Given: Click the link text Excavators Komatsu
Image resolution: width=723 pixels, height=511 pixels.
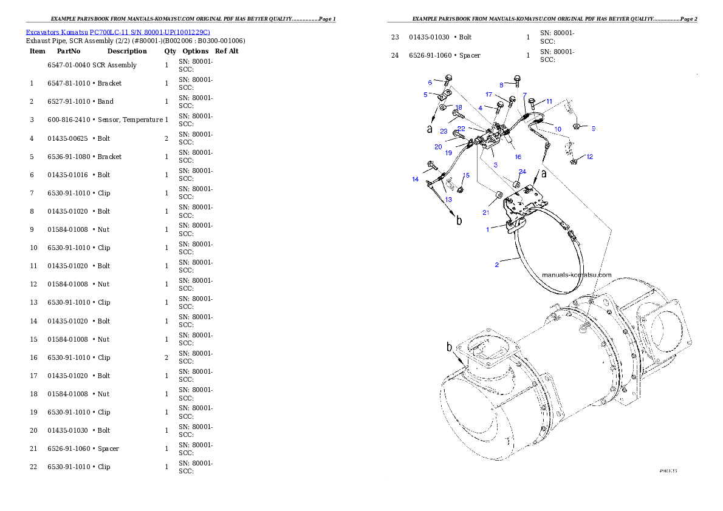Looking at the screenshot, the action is pyautogui.click(x=57, y=32).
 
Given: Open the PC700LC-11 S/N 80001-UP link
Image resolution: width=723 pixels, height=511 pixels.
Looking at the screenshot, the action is pyautogui.click(x=150, y=32).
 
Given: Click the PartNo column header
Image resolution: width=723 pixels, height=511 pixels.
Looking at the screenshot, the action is pyautogui.click(x=69, y=51).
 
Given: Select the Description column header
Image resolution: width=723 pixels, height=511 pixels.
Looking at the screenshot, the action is pyautogui.click(x=127, y=51).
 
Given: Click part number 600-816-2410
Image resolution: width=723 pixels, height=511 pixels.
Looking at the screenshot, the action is pyautogui.click(x=69, y=120).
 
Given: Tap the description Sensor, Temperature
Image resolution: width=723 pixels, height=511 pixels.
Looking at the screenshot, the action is pyautogui.click(x=131, y=120).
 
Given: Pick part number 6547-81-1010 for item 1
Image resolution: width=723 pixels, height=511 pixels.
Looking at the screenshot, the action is pyautogui.click(x=69, y=83).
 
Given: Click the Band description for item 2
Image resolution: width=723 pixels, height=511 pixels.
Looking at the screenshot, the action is pyautogui.click(x=106, y=101).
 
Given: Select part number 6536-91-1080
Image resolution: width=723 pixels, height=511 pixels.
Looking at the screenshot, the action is pyautogui.click(x=69, y=157).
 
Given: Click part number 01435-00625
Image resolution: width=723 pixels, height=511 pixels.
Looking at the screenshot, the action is pyautogui.click(x=69, y=138).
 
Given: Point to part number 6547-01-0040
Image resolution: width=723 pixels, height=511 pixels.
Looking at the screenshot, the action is pyautogui.click(x=69, y=65).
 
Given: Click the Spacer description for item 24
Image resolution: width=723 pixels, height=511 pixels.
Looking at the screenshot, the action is pyautogui.click(x=470, y=55).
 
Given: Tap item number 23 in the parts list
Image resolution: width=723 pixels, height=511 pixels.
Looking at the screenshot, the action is pyautogui.click(x=395, y=37).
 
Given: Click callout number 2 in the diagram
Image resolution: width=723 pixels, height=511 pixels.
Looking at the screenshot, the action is pyautogui.click(x=496, y=265).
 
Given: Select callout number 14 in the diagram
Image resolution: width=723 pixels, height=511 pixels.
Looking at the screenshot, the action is pyautogui.click(x=416, y=179).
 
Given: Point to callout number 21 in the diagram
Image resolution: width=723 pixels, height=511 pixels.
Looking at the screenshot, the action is pyautogui.click(x=486, y=212).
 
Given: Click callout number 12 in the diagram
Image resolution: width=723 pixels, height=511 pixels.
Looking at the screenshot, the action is pyautogui.click(x=590, y=157).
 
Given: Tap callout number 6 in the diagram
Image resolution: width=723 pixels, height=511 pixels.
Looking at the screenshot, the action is pyautogui.click(x=430, y=83).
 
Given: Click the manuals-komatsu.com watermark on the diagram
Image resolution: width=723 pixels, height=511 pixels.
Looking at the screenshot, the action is pyautogui.click(x=577, y=275).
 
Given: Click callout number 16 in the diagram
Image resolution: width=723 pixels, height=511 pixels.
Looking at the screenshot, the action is pyautogui.click(x=518, y=157).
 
